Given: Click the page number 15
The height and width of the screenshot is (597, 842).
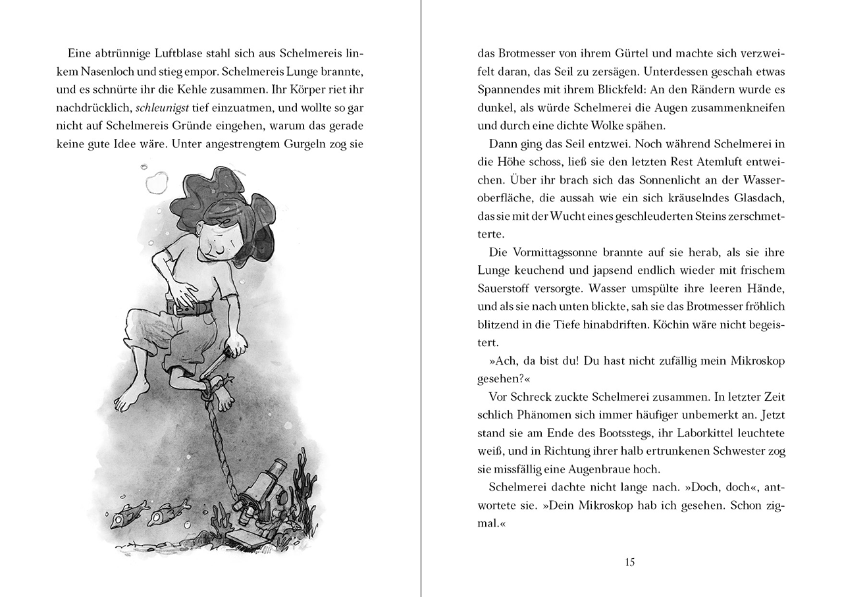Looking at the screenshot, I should pyautogui.click(x=630, y=561).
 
